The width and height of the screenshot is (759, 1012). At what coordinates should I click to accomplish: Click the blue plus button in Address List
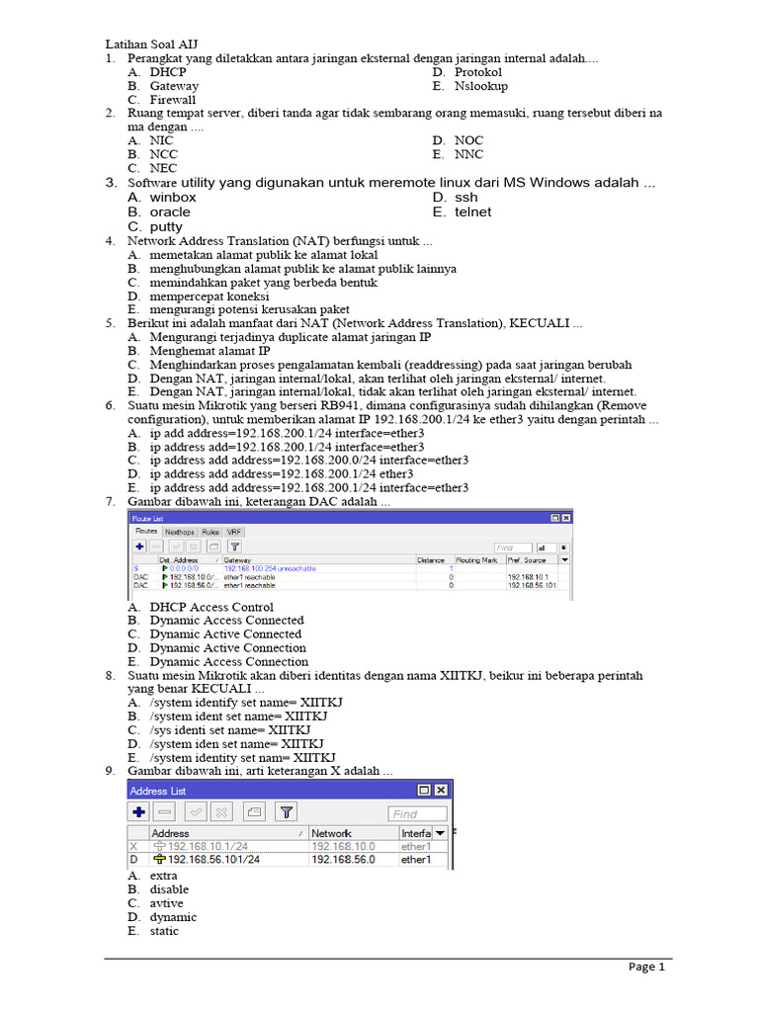pos(139,812)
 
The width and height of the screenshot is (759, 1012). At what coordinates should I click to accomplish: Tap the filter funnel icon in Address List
pos(286,812)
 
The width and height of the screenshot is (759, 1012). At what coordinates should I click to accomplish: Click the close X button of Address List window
pos(441,790)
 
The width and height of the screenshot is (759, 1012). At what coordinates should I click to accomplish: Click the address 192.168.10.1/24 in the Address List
pos(208,847)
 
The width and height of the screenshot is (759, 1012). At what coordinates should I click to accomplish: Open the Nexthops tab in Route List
pos(179,532)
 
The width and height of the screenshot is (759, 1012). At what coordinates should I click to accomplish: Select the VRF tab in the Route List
pos(234,532)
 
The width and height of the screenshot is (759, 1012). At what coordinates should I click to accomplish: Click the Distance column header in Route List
pos(431,559)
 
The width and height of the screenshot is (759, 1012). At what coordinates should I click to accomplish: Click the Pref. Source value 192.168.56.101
pos(532,585)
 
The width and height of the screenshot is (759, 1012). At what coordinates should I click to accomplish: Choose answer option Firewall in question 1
pos(172,100)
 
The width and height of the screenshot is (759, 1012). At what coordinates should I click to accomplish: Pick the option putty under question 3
pos(166,226)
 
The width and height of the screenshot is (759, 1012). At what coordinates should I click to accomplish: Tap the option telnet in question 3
pos(472,211)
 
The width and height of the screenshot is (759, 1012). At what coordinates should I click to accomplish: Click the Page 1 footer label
pos(647,968)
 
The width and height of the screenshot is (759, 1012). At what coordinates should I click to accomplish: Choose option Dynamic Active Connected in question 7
pos(225,634)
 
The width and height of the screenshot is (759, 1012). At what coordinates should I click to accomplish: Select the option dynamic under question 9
pos(173,917)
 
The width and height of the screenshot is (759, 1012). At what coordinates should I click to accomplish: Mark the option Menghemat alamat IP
pos(210,351)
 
